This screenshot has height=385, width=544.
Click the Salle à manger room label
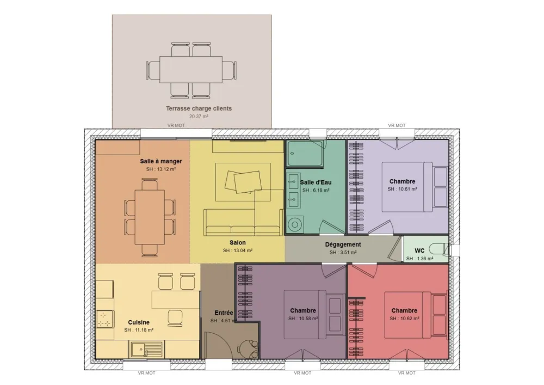pyautogui.click(x=160, y=161)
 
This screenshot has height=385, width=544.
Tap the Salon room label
pyautogui.click(x=237, y=242)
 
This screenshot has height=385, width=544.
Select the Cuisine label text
pyautogui.click(x=139, y=322)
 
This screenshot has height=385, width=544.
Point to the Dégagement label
pyautogui.click(x=343, y=245)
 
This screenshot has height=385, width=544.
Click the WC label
pyautogui.click(x=419, y=250)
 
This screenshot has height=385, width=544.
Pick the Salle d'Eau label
pyautogui.click(x=316, y=182)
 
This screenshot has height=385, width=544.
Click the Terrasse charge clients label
pyautogui.click(x=199, y=108)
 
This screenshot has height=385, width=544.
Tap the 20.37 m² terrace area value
pyautogui.click(x=199, y=117)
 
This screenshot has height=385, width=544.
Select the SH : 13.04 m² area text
pyautogui.click(x=237, y=250)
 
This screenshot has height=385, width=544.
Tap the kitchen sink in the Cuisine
pyautogui.click(x=146, y=347)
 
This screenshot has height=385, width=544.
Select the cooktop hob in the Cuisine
pyautogui.click(x=104, y=319)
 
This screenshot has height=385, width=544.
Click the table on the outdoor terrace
pyautogui.click(x=191, y=69)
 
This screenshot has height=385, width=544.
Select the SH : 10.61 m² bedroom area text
pyautogui.click(x=402, y=189)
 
